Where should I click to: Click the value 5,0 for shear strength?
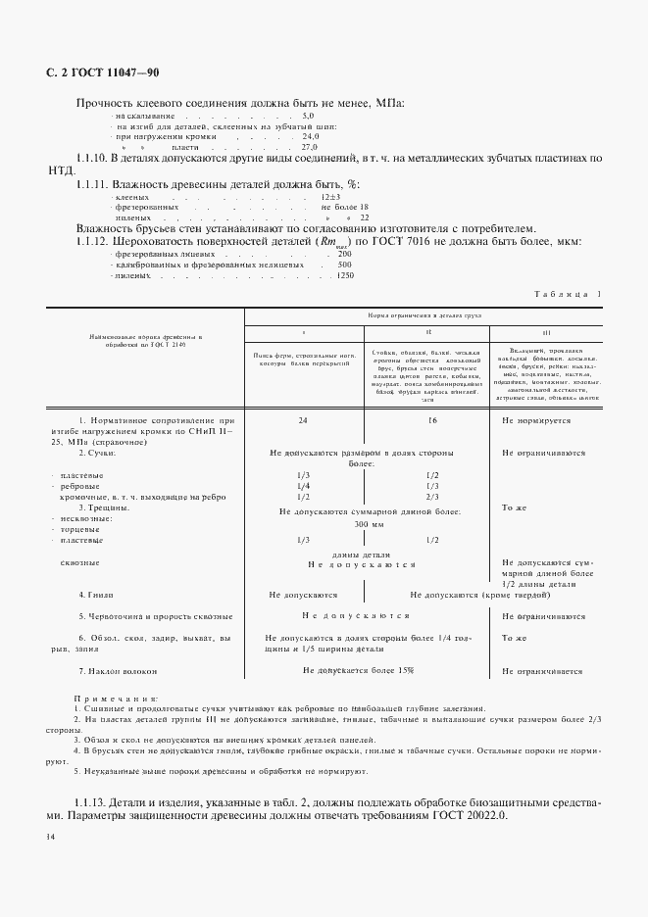pos(308,117)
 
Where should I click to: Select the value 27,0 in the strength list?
pos(311,146)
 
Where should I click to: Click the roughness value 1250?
pos(344,276)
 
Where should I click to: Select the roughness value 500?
pos(344,265)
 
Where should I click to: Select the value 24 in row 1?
pos(303,420)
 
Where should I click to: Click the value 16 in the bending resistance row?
pos(432,420)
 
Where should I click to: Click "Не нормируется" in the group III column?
pos(543,420)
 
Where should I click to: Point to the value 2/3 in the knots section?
pos(432,497)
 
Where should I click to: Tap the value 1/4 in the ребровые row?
pos(303,486)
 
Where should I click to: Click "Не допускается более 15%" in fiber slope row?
pos(358,670)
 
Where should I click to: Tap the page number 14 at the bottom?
pos(50,837)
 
